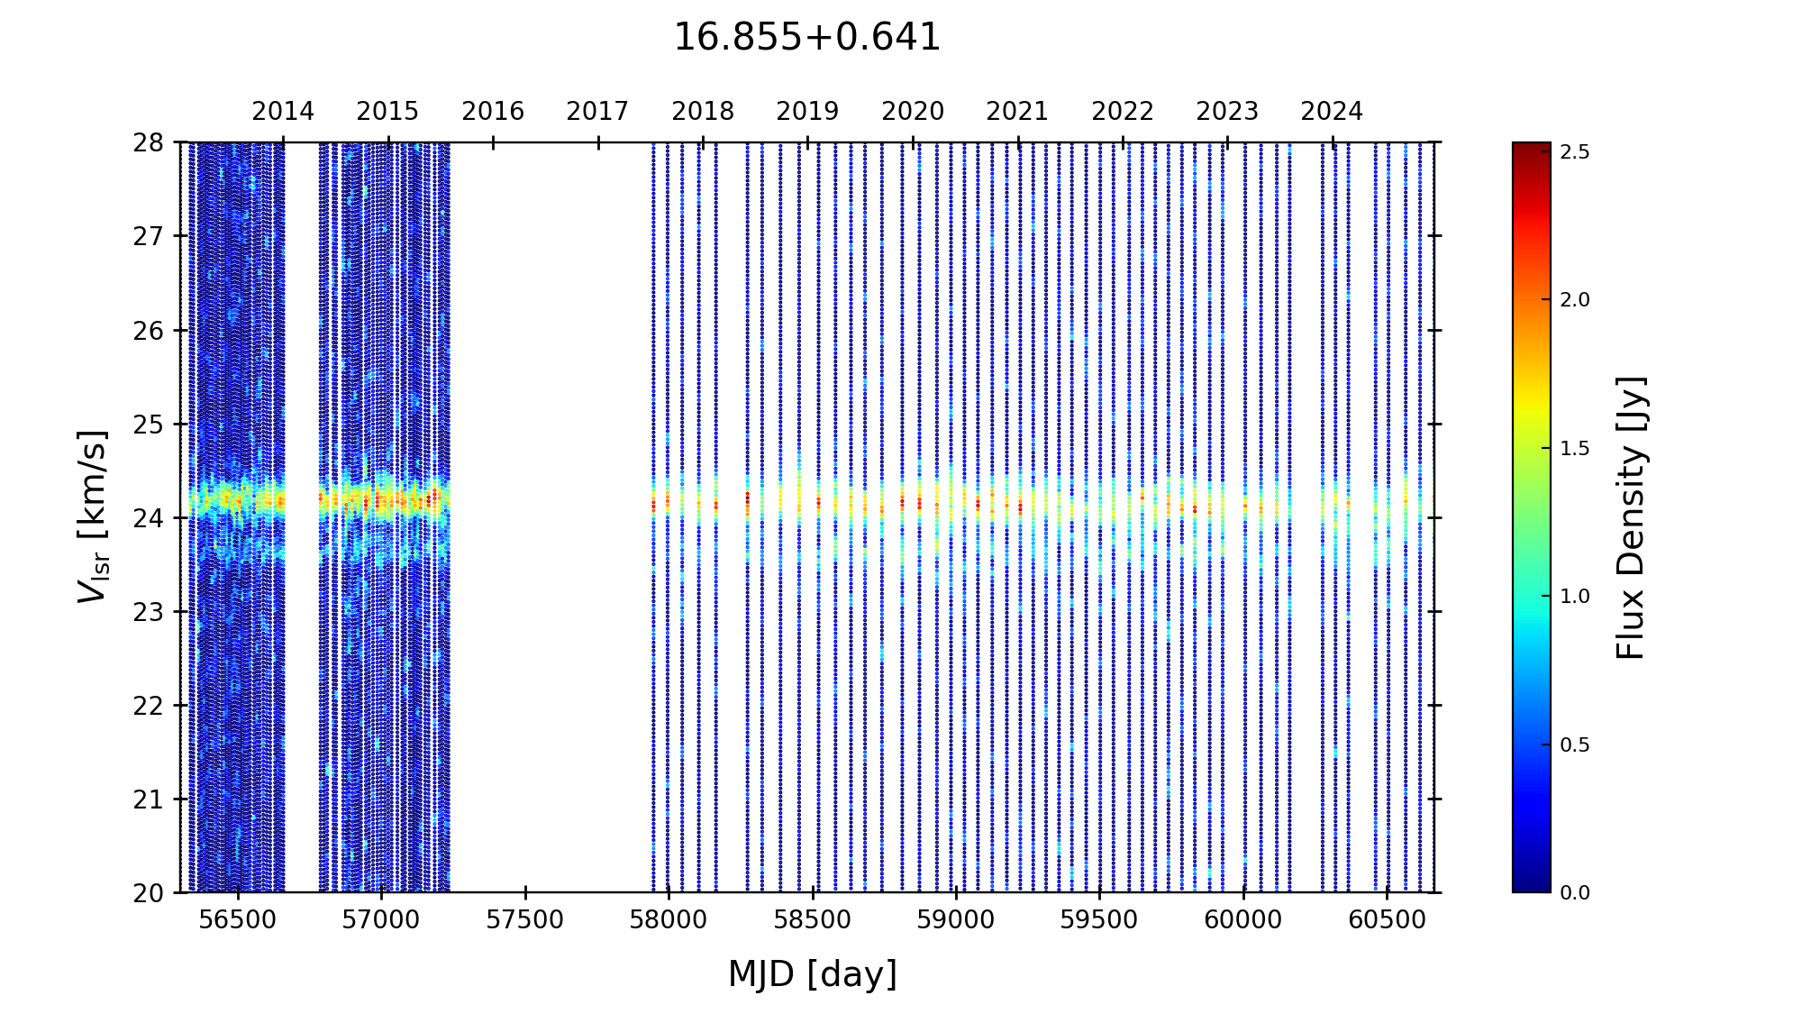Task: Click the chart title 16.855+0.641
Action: click(x=806, y=38)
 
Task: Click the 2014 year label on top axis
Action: click(x=283, y=112)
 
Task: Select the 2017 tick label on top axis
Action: click(x=597, y=112)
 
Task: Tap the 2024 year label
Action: click(x=1332, y=112)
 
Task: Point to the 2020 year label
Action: click(x=913, y=112)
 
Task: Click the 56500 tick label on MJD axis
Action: click(x=238, y=920)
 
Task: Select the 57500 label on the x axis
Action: click(x=525, y=920)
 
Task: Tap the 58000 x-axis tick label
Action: click(x=669, y=920)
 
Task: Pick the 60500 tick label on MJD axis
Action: click(x=1387, y=920)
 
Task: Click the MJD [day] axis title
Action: click(x=813, y=974)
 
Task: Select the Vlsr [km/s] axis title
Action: click(x=93, y=516)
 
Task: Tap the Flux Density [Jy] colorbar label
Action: click(x=1631, y=517)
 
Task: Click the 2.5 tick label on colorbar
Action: click(x=1575, y=152)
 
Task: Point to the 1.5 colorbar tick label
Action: click(x=1575, y=449)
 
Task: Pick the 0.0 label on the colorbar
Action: click(x=1575, y=893)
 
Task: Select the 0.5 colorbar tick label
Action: click(x=1575, y=745)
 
